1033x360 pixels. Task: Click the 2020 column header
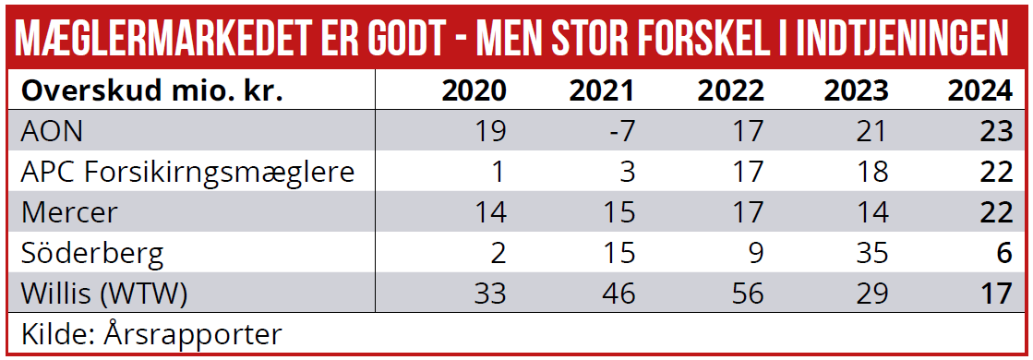474,90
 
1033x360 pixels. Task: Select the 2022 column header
730,90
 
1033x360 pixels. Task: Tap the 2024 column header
979,90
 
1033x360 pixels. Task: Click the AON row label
52,131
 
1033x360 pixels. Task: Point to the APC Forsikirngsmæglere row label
187,172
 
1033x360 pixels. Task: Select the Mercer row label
69,212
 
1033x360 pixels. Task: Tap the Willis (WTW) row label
104,294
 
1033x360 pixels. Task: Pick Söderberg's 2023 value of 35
870,253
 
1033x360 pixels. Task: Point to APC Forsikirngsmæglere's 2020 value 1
498,172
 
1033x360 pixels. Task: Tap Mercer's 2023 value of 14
870,212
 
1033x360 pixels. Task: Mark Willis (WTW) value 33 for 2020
489,294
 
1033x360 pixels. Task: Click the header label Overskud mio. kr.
151,90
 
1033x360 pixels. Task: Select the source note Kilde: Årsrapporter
150,332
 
